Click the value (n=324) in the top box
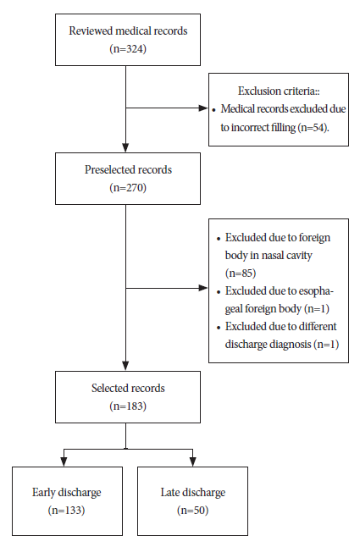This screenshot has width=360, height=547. click(128, 49)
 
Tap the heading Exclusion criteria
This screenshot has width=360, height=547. click(279, 91)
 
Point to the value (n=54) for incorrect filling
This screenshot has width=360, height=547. click(313, 127)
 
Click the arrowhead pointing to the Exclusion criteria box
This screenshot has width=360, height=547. click(203, 108)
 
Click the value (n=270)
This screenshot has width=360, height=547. click(128, 188)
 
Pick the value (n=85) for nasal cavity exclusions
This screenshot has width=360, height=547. click(241, 273)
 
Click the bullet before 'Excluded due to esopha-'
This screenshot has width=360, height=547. click(219, 292)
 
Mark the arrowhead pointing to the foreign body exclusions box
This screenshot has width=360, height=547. click(203, 288)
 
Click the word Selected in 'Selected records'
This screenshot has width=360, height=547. click(108, 388)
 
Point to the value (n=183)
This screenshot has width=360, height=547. click(128, 406)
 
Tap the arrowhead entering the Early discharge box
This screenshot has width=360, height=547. click(64, 461)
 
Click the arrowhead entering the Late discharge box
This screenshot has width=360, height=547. click(192, 461)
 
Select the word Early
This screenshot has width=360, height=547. click(43, 493)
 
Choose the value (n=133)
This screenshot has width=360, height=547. click(66, 511)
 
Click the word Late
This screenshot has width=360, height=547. click(169, 492)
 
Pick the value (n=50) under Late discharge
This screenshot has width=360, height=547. click(192, 511)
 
